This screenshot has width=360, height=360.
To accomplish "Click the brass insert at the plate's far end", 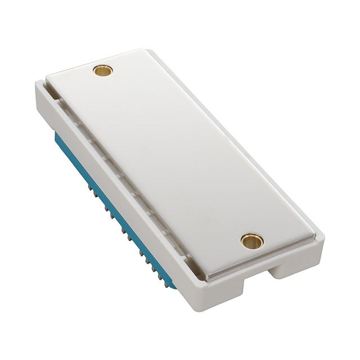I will click(x=105, y=71).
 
